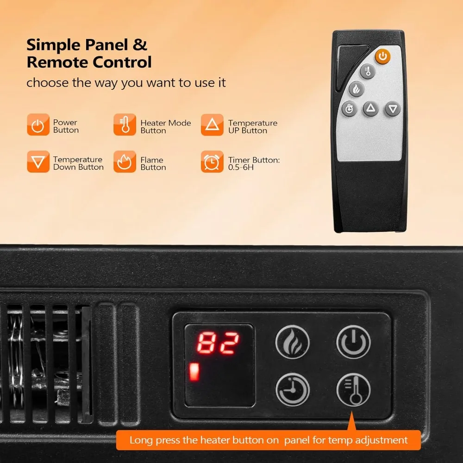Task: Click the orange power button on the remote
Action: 382,56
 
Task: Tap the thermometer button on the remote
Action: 368,71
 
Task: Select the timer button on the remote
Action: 349,109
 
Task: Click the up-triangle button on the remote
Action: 370,109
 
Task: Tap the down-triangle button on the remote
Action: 393,109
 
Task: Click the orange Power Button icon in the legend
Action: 38,125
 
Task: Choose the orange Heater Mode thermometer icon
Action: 125,125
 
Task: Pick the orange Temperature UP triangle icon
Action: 212,125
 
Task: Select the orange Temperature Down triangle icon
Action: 38,162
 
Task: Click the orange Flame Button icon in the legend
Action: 125,162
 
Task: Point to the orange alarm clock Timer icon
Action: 212,162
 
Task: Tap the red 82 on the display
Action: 219,343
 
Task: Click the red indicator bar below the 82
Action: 194,372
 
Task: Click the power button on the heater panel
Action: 353,342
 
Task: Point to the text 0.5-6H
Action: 241,168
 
